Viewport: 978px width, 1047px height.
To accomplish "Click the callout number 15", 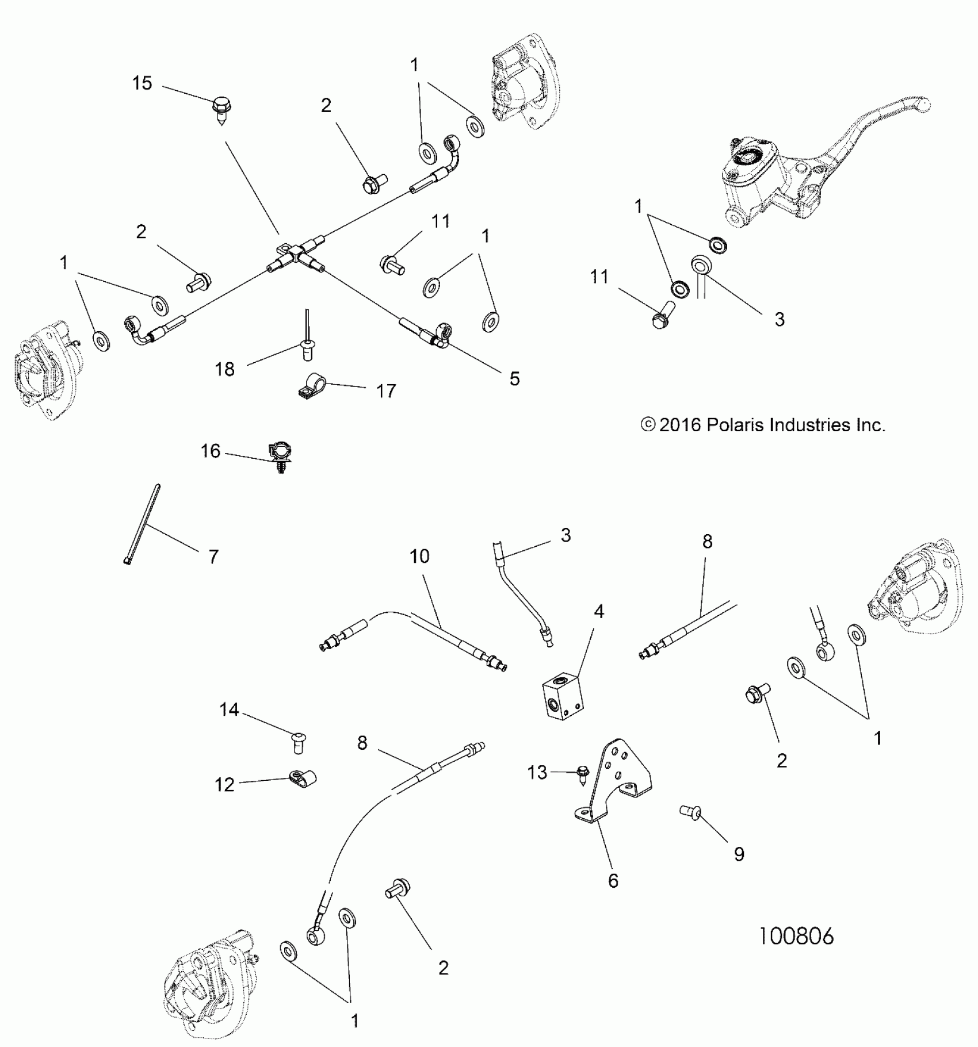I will pyautogui.click(x=142, y=83).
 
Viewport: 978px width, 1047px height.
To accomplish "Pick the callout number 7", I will pyautogui.click(x=213, y=557).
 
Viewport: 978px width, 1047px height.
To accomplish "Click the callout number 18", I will pyautogui.click(x=225, y=369).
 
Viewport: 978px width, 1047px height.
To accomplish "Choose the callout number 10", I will pyautogui.click(x=419, y=557).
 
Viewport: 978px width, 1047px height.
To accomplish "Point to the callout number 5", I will pyautogui.click(x=514, y=378).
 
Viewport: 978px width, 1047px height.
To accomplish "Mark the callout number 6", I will pyautogui.click(x=613, y=880).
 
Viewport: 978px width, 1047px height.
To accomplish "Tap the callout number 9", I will pyautogui.click(x=739, y=854).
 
